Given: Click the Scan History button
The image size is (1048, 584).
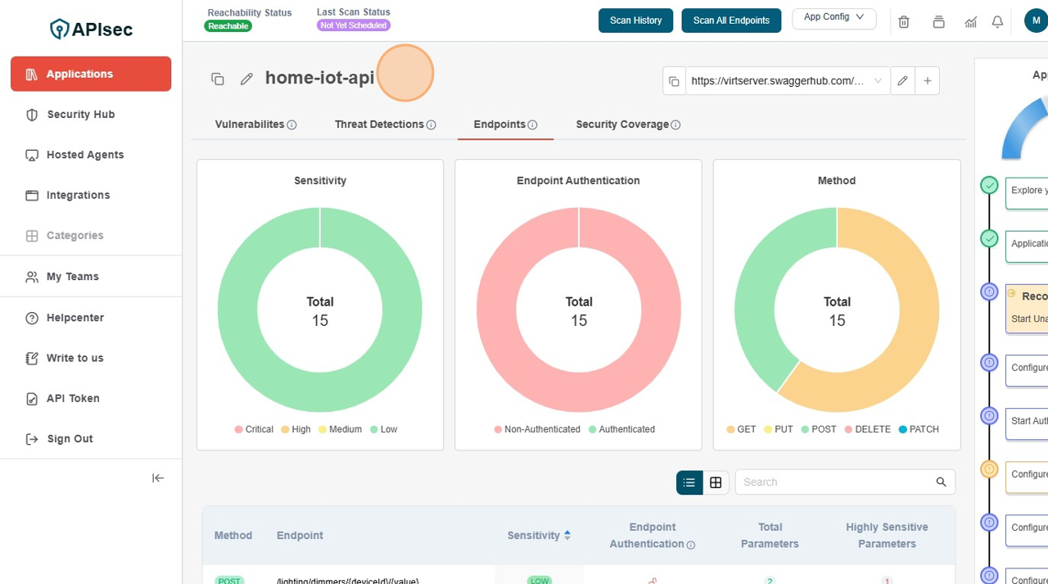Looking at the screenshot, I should pyautogui.click(x=635, y=20).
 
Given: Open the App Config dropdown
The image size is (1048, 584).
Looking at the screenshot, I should pyautogui.click(x=833, y=18).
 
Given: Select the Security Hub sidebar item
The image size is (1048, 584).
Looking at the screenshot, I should pyautogui.click(x=80, y=115).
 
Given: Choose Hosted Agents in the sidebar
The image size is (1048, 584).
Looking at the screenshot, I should pyautogui.click(x=85, y=155).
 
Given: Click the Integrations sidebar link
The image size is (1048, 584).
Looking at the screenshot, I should pyautogui.click(x=78, y=195).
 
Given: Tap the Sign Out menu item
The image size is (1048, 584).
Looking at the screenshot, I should pyautogui.click(x=70, y=439).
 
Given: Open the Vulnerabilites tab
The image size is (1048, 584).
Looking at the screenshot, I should pyautogui.click(x=250, y=124).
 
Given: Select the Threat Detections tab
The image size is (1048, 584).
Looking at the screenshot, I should pyautogui.click(x=379, y=124).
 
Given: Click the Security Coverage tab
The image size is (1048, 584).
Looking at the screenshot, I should pyautogui.click(x=622, y=124).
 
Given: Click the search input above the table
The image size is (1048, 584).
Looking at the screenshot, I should pyautogui.click(x=835, y=482).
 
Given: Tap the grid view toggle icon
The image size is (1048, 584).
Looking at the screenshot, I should pyautogui.click(x=716, y=482).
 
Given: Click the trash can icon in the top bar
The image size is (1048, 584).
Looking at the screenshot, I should pyautogui.click(x=904, y=22).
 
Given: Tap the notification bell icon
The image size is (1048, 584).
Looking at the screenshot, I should pyautogui.click(x=997, y=22).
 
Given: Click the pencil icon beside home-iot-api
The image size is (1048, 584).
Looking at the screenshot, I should pyautogui.click(x=246, y=79).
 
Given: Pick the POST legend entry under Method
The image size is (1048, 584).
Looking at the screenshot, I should pyautogui.click(x=819, y=429).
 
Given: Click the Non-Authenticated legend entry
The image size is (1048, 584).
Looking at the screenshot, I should pyautogui.click(x=537, y=429).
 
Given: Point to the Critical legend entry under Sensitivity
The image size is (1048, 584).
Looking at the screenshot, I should pyautogui.click(x=254, y=429).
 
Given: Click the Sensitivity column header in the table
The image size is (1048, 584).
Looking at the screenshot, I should pyautogui.click(x=534, y=536).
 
